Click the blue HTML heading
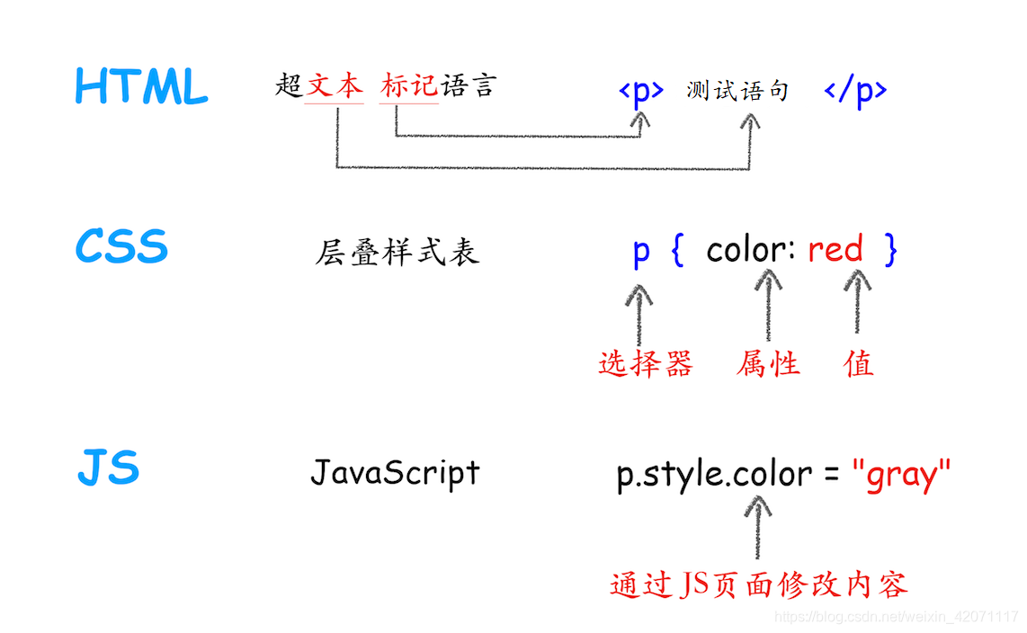[x=141, y=88]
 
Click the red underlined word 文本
[x=335, y=87]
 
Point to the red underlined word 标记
[x=409, y=87]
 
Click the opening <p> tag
[x=640, y=92]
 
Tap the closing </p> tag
[x=855, y=92]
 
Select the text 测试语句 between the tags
[x=737, y=91]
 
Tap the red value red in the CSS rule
[x=835, y=250]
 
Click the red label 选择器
[x=646, y=363]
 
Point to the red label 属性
[x=768, y=363]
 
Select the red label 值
[x=859, y=363]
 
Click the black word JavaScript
[x=395, y=473]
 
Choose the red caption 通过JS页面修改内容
[x=759, y=584]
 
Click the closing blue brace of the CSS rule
[x=889, y=250]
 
